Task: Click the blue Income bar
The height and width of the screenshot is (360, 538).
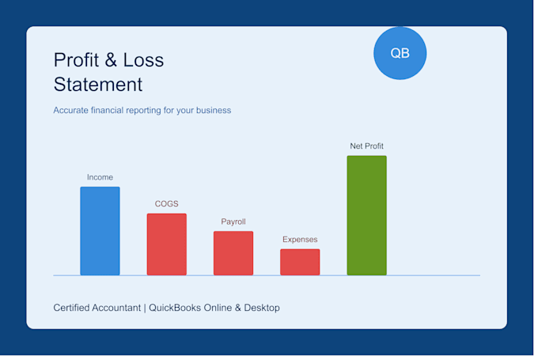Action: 100,231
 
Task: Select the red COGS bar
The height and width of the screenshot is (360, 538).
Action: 167,244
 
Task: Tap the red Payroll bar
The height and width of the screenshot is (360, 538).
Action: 233,253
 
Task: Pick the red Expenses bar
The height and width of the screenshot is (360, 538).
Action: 300,262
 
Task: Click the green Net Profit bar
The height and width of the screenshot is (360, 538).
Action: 367,215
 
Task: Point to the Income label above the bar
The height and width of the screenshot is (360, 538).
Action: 100,177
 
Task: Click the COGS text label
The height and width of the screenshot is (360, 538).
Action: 166,204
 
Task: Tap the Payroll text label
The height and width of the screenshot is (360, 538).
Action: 233,222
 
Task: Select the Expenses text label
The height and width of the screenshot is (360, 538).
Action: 300,239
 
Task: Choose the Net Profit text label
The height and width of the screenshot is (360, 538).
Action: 367,146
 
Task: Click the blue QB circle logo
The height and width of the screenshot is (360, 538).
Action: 400,53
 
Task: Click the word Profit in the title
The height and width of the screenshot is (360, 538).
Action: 76,60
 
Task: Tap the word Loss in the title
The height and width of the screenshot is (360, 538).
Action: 143,60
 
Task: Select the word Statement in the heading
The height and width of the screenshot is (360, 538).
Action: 98,85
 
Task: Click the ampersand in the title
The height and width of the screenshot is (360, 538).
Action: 111,60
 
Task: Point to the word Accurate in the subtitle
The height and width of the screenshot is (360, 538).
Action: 70,110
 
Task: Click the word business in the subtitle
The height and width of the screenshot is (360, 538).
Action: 214,110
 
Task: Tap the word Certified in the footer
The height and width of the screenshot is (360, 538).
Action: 71,308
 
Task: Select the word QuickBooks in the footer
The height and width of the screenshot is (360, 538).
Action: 175,308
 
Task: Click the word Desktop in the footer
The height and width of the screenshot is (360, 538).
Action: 262,308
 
